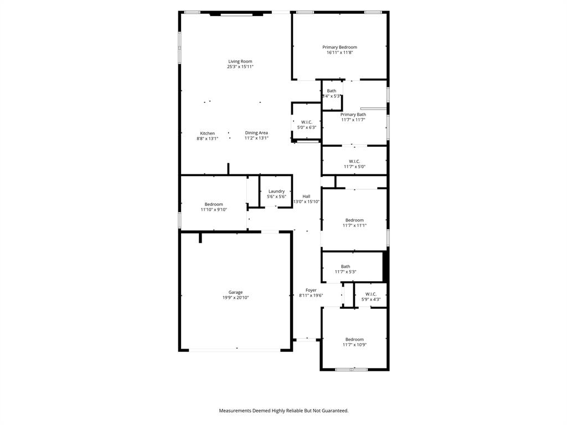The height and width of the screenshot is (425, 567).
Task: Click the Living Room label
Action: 240,61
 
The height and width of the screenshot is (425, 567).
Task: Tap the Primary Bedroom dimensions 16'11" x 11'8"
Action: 339,53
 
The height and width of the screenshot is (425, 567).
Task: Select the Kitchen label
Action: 208,133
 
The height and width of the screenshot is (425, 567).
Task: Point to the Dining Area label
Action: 256,133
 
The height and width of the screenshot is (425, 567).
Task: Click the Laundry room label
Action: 276,191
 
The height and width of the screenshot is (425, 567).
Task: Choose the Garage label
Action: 236,292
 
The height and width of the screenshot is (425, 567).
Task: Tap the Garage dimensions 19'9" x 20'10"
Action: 236,298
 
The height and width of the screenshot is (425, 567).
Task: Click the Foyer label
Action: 311,290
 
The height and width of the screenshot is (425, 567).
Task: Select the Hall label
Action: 306,196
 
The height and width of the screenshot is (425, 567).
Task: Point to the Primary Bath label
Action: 353,115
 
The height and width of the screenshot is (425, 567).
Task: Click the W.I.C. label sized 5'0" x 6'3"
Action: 307,122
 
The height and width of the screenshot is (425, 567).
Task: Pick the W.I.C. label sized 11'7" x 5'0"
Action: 354,161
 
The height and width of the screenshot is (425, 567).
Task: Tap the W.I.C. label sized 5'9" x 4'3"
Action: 370,294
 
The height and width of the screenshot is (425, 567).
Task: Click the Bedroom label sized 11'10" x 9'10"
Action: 214,204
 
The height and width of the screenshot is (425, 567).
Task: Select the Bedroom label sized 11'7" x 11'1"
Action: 354,220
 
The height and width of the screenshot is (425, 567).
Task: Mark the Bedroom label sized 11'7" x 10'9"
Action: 354,339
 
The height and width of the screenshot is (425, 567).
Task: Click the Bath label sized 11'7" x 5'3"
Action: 346,266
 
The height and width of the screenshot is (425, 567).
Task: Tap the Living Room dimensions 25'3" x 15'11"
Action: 240,67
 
